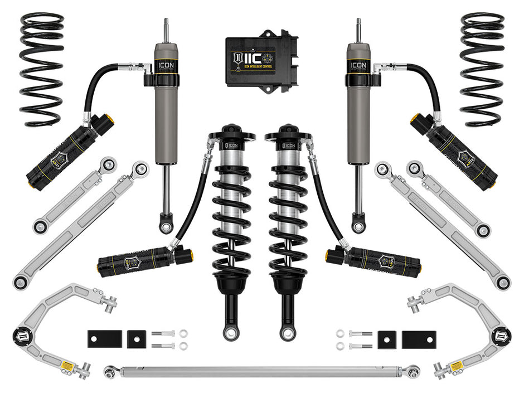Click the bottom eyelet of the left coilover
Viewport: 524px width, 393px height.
point(230,333)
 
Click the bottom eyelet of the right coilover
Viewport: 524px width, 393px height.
point(287,333)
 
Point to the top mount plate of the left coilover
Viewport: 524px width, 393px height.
point(231,135)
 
